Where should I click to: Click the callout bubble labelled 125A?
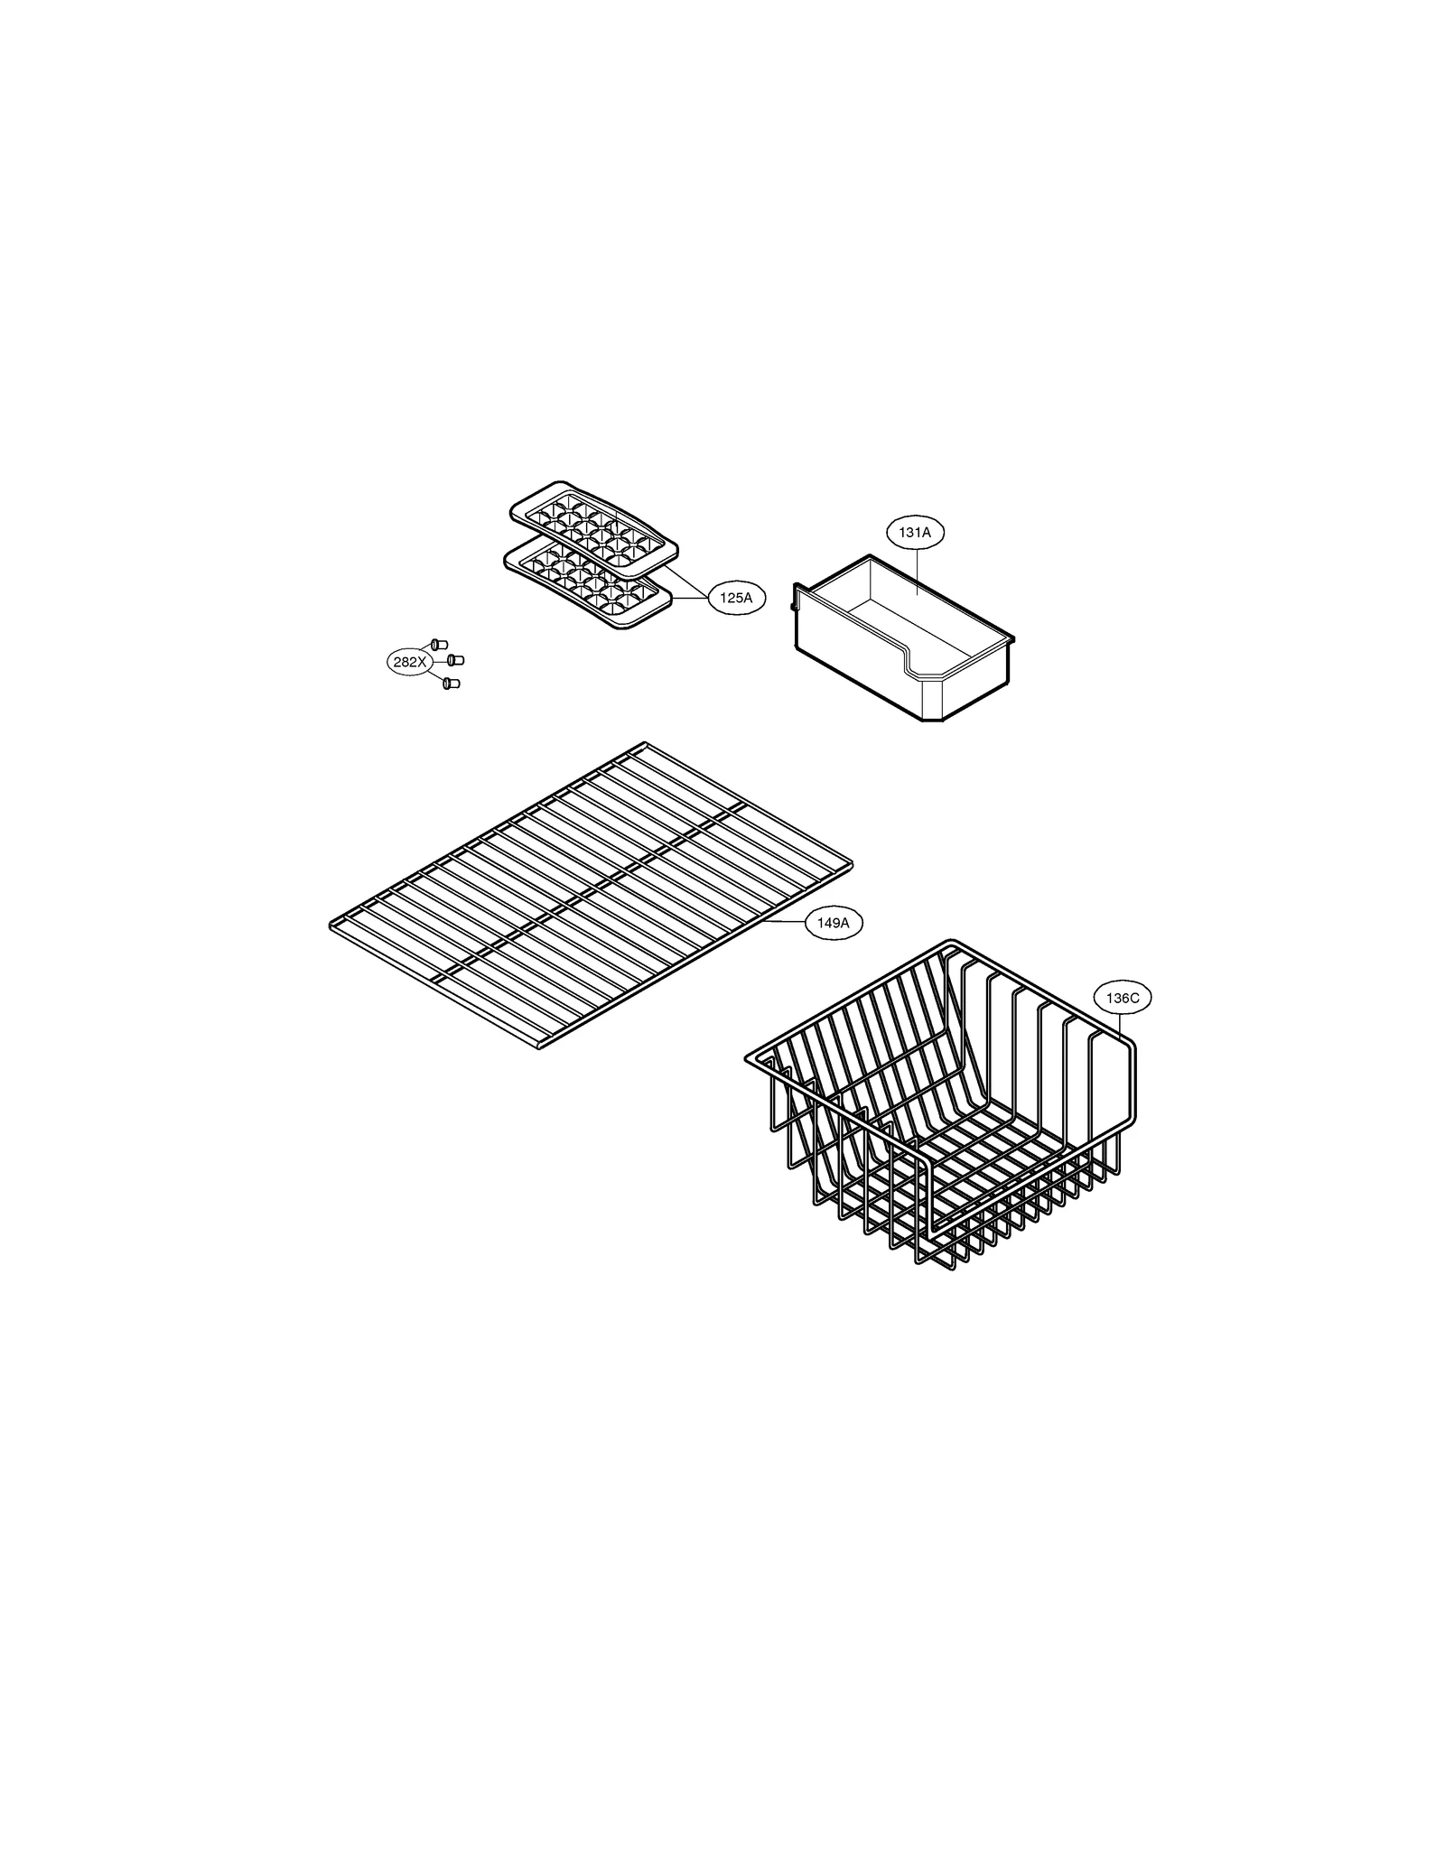click(x=736, y=597)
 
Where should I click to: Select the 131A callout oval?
click(x=914, y=533)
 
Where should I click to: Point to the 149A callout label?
click(x=833, y=923)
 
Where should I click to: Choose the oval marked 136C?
click(x=1122, y=998)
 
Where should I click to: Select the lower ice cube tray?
click(x=587, y=582)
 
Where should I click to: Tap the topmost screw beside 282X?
click(x=439, y=644)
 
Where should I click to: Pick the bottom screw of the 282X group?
click(x=451, y=684)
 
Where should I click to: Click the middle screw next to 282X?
click(x=455, y=661)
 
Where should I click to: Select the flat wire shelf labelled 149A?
click(x=592, y=889)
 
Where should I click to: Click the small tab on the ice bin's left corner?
click(x=794, y=596)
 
